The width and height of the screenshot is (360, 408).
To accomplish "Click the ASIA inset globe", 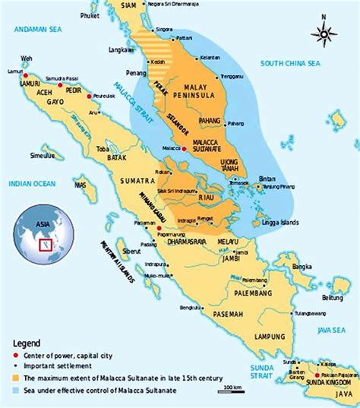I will click(40, 236).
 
